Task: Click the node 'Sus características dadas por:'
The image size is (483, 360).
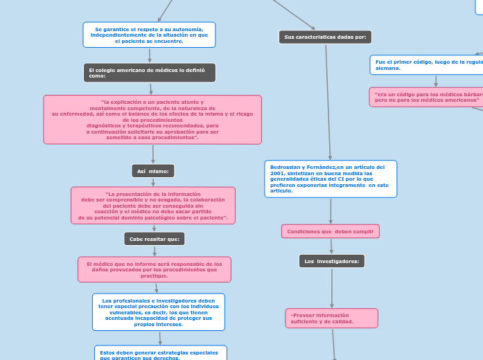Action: click(x=325, y=37)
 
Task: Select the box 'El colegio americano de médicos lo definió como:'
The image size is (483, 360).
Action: click(x=149, y=73)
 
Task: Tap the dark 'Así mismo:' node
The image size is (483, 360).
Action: click(x=153, y=171)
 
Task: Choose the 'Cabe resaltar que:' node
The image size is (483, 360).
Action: click(x=155, y=239)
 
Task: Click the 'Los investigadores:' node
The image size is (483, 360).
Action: click(x=332, y=261)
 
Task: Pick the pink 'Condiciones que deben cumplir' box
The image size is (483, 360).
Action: click(x=330, y=231)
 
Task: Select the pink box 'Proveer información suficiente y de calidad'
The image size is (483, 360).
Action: click(x=331, y=318)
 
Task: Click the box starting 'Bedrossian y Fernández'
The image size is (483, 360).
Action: click(x=331, y=179)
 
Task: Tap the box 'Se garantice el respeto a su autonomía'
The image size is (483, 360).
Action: click(x=149, y=35)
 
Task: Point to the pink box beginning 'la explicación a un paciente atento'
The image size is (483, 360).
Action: click(x=152, y=120)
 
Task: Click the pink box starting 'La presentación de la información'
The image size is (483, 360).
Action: click(x=153, y=206)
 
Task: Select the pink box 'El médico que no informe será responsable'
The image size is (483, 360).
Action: click(x=155, y=269)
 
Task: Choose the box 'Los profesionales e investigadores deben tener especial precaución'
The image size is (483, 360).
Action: click(x=159, y=312)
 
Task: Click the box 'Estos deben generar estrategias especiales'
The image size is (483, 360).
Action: click(x=160, y=354)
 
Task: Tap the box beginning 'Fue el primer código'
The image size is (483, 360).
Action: click(x=426, y=65)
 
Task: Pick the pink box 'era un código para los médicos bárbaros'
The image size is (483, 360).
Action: click(x=425, y=97)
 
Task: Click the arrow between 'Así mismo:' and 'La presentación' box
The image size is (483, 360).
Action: click(x=153, y=182)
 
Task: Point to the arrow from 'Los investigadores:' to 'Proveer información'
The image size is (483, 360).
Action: click(x=332, y=287)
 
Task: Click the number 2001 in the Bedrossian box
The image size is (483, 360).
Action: click(x=277, y=173)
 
